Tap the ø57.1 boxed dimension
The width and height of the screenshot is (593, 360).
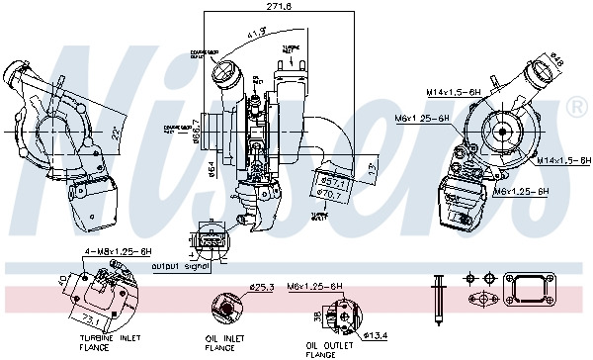coord(331,182)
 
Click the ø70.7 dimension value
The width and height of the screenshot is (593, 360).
coord(331,194)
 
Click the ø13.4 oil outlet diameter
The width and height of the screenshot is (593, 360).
coord(376,334)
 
